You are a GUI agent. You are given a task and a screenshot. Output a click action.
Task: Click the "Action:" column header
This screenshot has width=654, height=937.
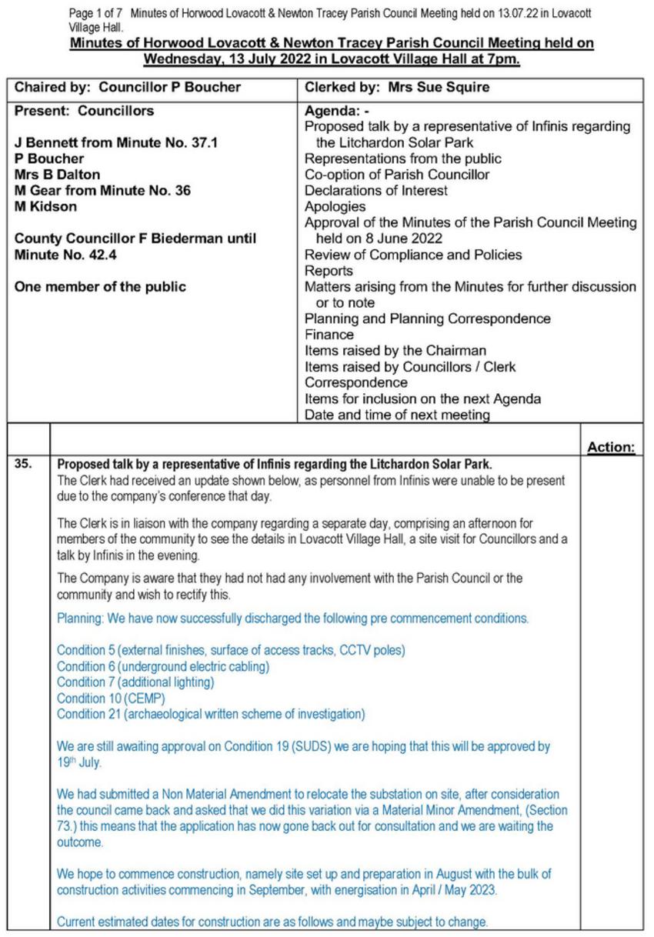click(x=610, y=447)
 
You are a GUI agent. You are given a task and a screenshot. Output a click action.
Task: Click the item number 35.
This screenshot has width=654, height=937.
click(x=24, y=464)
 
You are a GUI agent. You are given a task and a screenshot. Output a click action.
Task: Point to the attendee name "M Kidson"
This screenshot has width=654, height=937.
click(x=45, y=206)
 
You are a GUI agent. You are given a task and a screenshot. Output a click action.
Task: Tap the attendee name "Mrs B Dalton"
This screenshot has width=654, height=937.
click(x=57, y=175)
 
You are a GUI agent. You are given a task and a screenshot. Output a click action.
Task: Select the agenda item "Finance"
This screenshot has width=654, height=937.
click(x=329, y=335)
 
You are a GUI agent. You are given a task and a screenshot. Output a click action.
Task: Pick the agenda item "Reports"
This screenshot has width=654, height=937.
click(x=329, y=271)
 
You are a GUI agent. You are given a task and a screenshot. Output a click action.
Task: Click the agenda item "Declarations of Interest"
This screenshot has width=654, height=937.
click(x=376, y=190)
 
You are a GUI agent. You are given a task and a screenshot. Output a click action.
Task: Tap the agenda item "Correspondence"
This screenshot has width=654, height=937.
click(x=356, y=382)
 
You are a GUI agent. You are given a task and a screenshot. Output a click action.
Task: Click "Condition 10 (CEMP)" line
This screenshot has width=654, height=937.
click(x=111, y=699)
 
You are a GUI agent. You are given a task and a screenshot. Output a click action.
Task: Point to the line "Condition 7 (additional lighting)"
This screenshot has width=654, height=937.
click(x=135, y=682)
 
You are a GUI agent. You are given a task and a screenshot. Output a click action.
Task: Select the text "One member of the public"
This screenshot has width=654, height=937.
click(x=100, y=287)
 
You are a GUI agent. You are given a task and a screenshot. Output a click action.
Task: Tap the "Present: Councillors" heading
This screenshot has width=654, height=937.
click(x=84, y=111)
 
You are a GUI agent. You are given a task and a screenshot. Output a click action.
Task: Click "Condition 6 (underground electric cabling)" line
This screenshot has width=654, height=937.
click(x=163, y=666)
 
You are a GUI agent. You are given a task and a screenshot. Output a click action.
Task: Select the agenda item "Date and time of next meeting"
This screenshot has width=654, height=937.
click(x=397, y=415)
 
